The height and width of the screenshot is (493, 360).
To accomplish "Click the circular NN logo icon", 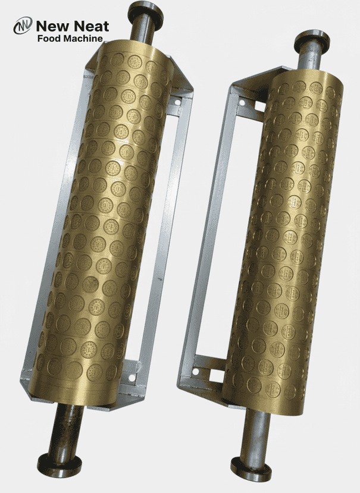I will (x=23, y=27).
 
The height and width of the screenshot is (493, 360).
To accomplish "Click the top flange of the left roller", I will (x=145, y=10).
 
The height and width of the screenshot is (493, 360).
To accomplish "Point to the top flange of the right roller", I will (x=312, y=36).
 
